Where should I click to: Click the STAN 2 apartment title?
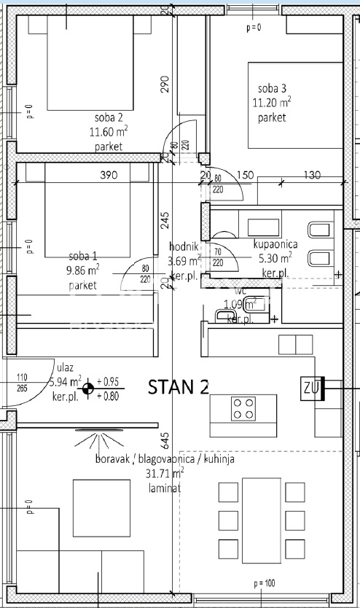point(179,387)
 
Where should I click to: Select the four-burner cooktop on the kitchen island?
point(243,408)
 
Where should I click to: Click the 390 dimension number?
point(108,175)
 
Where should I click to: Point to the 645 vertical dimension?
point(165,440)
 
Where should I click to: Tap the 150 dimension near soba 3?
point(245,175)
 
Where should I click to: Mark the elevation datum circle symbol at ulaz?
point(87,389)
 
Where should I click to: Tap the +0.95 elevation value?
point(109,381)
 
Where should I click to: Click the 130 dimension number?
point(312,175)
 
